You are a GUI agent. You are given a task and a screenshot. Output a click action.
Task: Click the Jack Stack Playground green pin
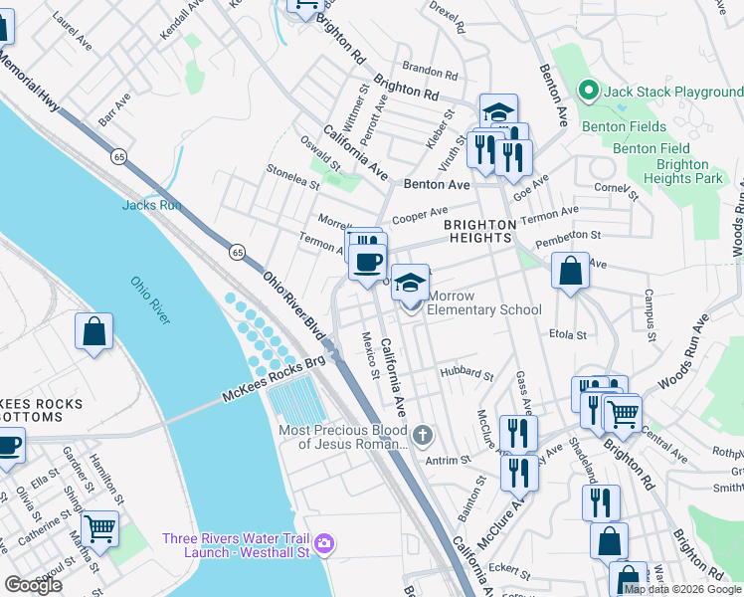pyautogui.click(x=588, y=93)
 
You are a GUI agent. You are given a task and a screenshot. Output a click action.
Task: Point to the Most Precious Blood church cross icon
pyautogui.click(x=423, y=435)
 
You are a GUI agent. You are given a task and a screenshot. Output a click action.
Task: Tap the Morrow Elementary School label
pyautogui.click(x=484, y=302)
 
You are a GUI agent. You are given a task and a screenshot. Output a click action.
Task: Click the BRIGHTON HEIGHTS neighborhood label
pyautogui.click(x=480, y=232)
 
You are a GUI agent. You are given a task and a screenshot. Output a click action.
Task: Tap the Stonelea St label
pyautogui.click(x=292, y=176)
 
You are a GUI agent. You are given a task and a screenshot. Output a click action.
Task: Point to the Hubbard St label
pyautogui.click(x=466, y=374)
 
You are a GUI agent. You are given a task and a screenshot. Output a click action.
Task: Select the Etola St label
pyautogui.click(x=570, y=334)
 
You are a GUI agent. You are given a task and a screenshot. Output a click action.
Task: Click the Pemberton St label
pyautogui.click(x=569, y=237)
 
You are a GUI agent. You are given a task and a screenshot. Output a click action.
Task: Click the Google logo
pyautogui.click(x=33, y=585)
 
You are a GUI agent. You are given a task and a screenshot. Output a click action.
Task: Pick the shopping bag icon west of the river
pyautogui.click(x=93, y=332)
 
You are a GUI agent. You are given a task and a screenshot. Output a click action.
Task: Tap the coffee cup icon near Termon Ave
pyautogui.click(x=368, y=262)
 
